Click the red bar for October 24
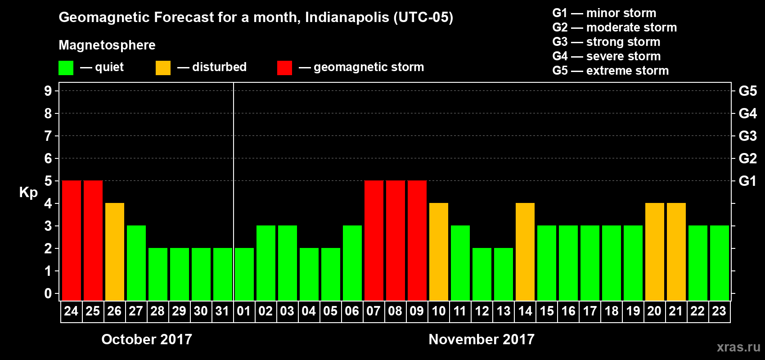[71, 240]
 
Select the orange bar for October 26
[114, 252]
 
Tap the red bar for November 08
[395, 240]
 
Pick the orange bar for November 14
[525, 252]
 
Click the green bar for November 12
[481, 274]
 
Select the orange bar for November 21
[676, 252]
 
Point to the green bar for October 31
[222, 274]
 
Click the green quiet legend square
[66, 68]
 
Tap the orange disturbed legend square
[163, 68]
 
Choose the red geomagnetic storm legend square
[284, 68]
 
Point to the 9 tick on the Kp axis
[48, 91]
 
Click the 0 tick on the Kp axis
[48, 294]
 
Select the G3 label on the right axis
[747, 136]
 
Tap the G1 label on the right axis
[747, 181]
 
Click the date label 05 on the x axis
[330, 311]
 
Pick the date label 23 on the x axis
[719, 311]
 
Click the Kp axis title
[28, 193]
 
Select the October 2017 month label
[147, 339]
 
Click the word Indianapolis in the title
[346, 18]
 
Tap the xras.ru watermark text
[738, 347]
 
